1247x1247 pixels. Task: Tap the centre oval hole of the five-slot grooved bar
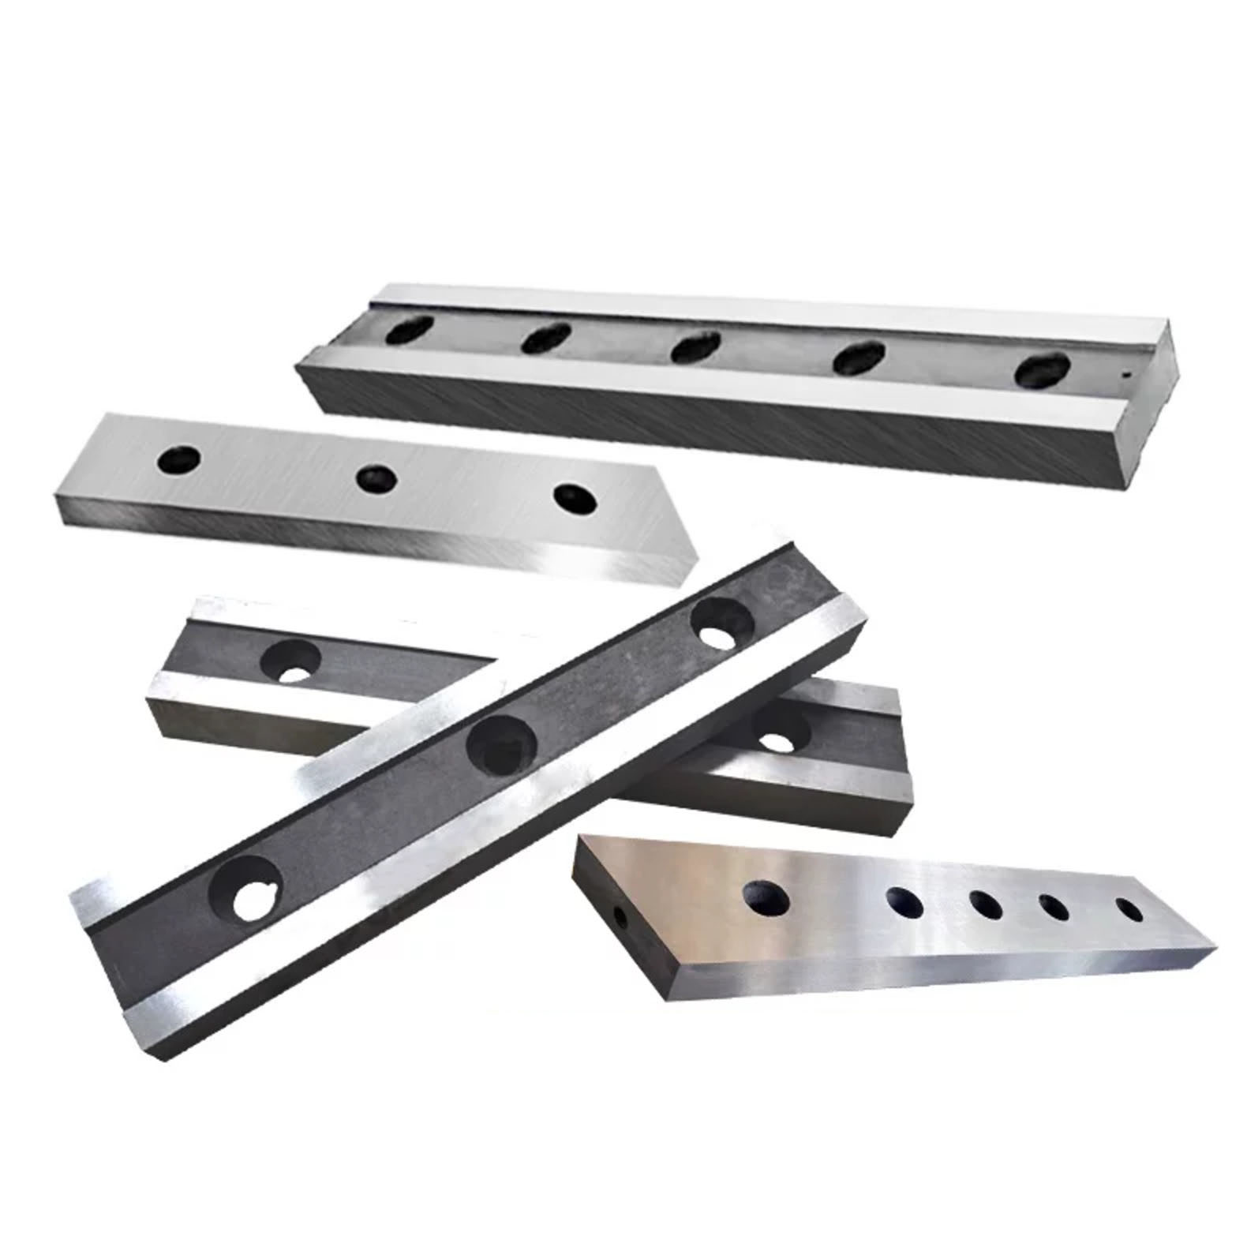click(695, 346)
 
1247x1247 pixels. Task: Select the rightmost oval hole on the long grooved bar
click(1043, 370)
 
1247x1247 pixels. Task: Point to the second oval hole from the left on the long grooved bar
click(546, 337)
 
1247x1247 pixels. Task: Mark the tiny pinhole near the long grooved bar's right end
click(1128, 375)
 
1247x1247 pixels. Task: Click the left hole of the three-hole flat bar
click(179, 459)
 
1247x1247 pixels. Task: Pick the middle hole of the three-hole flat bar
click(376, 477)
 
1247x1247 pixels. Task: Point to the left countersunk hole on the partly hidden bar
click(291, 661)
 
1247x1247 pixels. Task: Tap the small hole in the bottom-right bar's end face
click(621, 918)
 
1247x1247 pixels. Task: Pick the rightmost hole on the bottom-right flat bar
click(1129, 909)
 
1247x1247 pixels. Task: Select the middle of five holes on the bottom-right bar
click(987, 905)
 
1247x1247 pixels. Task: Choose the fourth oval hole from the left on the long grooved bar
click(859, 357)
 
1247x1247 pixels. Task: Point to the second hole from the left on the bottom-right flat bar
click(905, 901)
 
